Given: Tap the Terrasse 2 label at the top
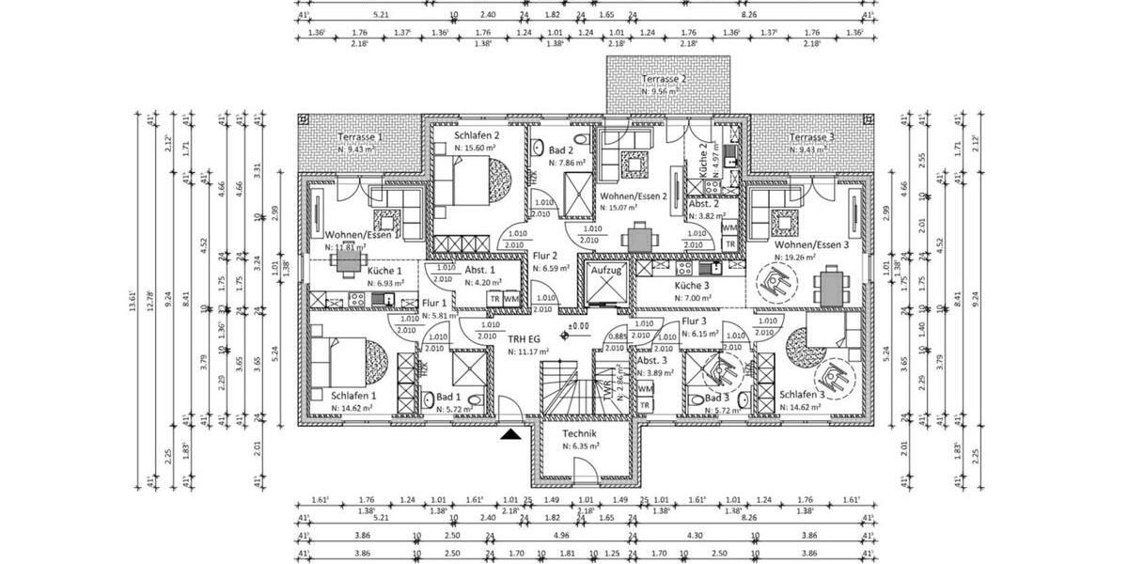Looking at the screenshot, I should point(664,81).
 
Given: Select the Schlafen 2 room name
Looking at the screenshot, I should point(463,136).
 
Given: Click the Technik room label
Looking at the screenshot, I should point(579,433).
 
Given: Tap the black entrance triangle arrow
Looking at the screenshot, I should point(509,434).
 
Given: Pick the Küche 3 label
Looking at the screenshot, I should point(691,285).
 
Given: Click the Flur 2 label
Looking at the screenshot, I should point(545,256).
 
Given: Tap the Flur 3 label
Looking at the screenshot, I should point(693,321).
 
